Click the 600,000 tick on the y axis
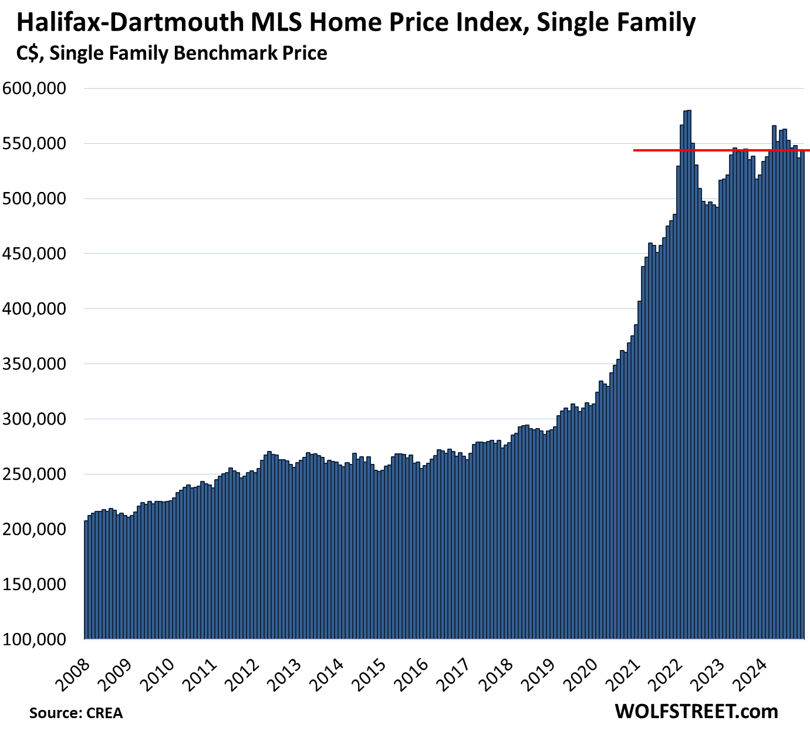coord(35,89)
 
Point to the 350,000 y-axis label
coord(35,364)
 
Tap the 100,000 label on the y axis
coord(35,639)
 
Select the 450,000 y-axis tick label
coord(35,254)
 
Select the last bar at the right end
coord(802,411)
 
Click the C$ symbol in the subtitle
coord(29,53)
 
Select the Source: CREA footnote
coord(76,713)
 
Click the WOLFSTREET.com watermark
coord(696,712)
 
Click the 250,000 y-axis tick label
coord(35,474)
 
